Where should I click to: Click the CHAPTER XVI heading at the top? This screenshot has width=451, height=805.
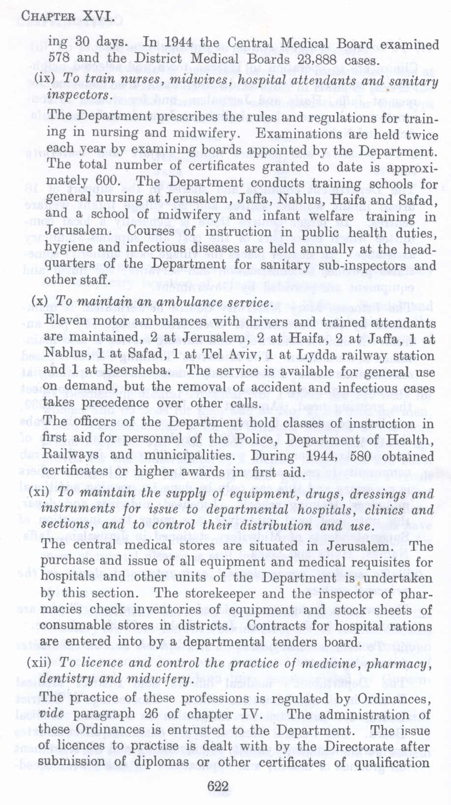click(68, 18)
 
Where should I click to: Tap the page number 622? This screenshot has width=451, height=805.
click(217, 786)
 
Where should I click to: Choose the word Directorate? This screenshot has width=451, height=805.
click(357, 746)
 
